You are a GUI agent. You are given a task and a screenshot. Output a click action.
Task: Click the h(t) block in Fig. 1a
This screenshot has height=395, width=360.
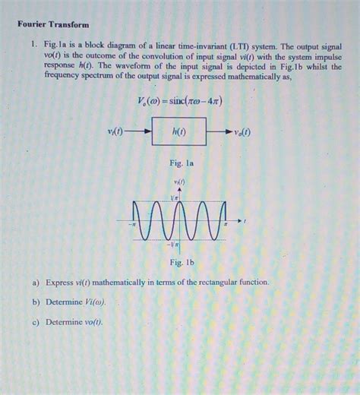(x=179, y=132)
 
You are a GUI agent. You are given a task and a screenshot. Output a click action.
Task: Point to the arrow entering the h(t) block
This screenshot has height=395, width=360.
(x=141, y=132)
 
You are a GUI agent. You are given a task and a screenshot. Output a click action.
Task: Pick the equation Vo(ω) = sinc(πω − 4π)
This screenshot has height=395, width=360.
(x=180, y=101)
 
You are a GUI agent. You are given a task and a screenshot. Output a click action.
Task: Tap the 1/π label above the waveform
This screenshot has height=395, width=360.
(x=174, y=197)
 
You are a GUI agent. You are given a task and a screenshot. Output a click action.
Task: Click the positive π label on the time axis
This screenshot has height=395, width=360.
(x=226, y=226)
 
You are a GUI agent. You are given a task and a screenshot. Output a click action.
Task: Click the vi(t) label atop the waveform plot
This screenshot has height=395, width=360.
(x=180, y=183)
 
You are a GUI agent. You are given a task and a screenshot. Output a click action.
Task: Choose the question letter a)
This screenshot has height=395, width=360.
(x=36, y=283)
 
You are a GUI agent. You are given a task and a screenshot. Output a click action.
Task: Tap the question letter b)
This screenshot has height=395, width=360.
(x=36, y=302)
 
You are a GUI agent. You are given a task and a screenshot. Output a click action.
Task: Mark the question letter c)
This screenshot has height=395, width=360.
(x=36, y=321)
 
